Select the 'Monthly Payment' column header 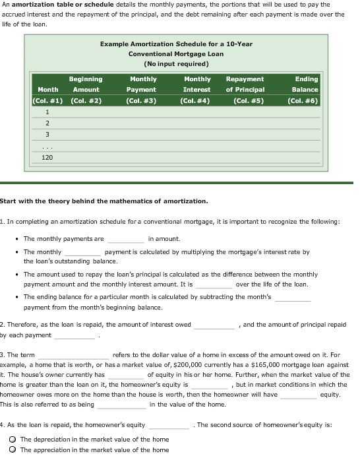142,84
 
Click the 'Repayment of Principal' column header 245,84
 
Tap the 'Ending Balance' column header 306,84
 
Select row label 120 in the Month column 47,158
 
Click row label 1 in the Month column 47,112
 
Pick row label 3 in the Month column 47,135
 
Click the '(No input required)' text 176,64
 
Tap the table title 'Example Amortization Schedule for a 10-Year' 176,44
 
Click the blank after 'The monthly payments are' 125,239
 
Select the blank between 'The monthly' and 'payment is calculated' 82,252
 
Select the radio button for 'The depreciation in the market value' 12,440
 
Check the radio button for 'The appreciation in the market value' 12,450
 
